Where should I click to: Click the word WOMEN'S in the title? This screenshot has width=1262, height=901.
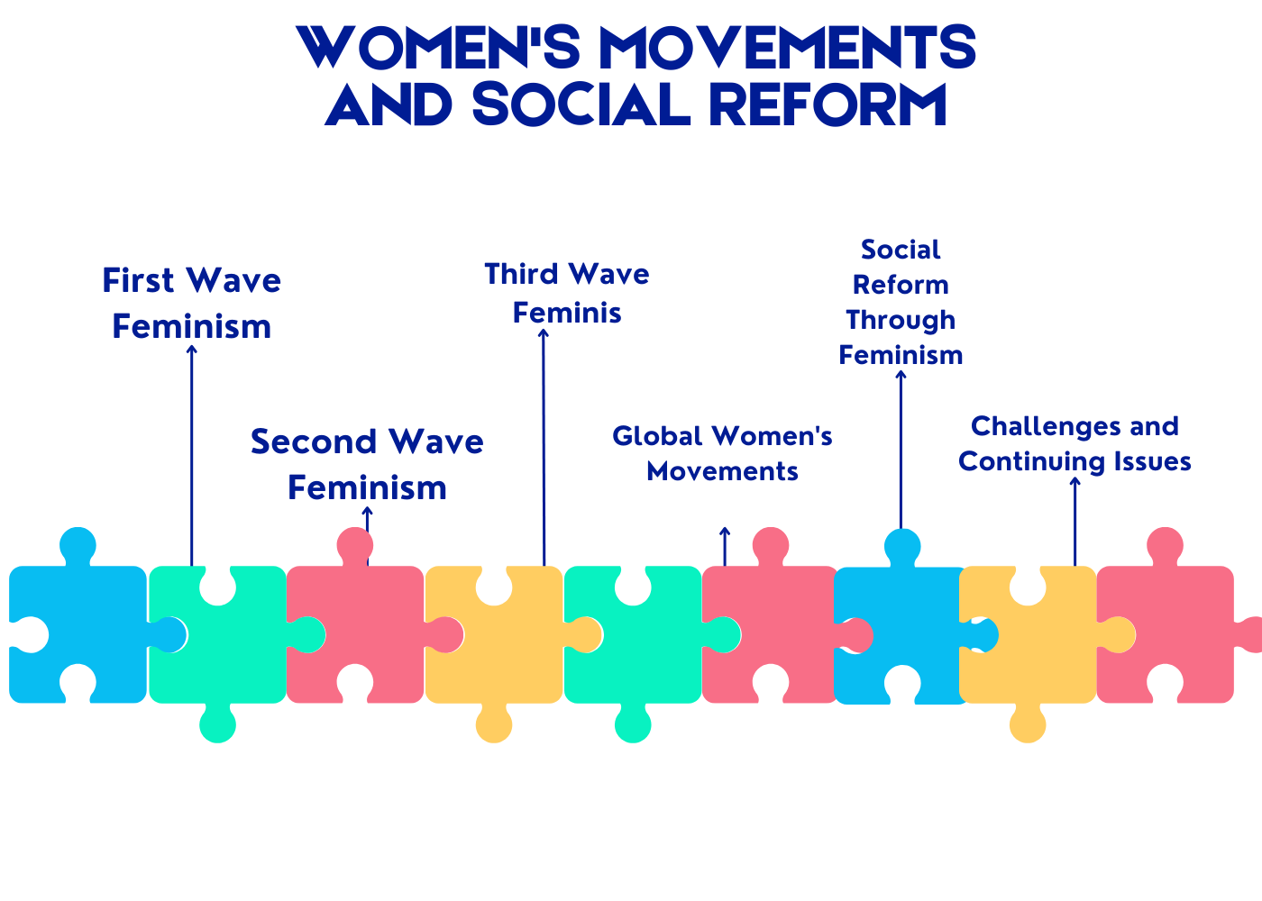point(438,47)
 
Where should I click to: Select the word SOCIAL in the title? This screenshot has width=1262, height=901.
point(581,105)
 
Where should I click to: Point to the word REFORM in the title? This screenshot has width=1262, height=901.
point(828,105)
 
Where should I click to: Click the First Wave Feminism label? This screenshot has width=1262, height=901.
point(191,304)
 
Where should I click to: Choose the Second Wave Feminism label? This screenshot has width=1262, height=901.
point(368,465)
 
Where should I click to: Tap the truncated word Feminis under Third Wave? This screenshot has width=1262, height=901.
point(567,314)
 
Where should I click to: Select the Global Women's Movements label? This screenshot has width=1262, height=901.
point(722,454)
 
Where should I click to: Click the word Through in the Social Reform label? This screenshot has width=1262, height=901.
point(901,321)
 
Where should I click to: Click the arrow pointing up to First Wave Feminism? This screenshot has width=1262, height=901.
point(191,456)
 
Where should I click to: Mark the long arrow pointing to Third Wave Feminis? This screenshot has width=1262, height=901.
point(544,448)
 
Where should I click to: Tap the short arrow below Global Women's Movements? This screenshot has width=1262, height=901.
point(725,547)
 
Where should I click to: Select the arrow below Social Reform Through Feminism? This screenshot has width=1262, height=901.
point(901,450)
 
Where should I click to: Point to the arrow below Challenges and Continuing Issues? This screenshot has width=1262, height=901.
point(1075,522)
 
